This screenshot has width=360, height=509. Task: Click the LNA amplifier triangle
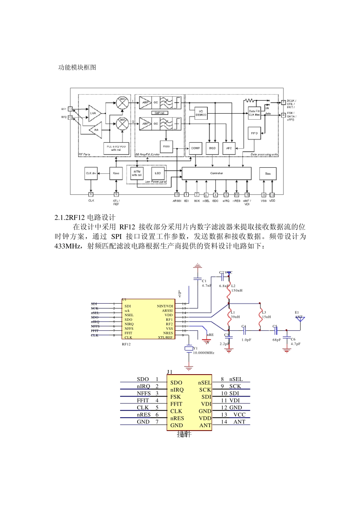pyautogui.click(x=94, y=113)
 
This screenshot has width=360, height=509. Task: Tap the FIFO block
pyautogui.click(x=254, y=133)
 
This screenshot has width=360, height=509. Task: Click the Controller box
pyautogui.click(x=216, y=173)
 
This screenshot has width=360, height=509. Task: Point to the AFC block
pyautogui.click(x=229, y=148)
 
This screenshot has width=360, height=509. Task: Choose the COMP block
pyautogui.click(x=196, y=148)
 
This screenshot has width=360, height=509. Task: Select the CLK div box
pyautogui.click(x=91, y=173)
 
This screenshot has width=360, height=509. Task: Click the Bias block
pyautogui.click(x=268, y=173)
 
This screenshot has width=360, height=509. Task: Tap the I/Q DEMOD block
pyautogui.click(x=201, y=113)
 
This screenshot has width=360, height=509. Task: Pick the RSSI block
pyautogui.click(x=166, y=146)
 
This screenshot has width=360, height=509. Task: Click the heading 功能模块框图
pyautogui.click(x=77, y=67)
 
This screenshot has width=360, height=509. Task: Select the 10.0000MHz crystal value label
pyautogui.click(x=204, y=353)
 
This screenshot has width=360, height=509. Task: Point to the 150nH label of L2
pyautogui.click(x=237, y=290)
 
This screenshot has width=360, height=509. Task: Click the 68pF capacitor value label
pyautogui.click(x=277, y=340)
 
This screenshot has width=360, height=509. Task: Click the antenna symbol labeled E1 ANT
pyautogui.click(x=301, y=319)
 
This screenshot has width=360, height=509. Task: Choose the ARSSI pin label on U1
pyautogui.click(x=167, y=311)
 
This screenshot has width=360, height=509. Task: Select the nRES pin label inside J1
pyautogui.click(x=177, y=418)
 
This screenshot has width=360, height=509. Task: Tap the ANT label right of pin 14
pyautogui.click(x=239, y=422)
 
